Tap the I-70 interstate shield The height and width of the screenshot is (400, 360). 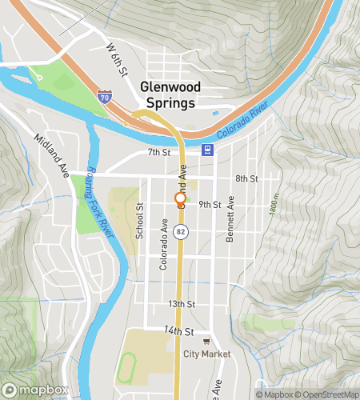[104, 95]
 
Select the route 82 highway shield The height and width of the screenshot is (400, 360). [181, 254]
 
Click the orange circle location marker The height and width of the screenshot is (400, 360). [181, 198]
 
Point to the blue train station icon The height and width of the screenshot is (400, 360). [207, 149]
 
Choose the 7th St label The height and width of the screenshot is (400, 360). [159, 152]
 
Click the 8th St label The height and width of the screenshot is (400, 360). [247, 178]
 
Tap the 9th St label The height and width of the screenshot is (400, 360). [209, 205]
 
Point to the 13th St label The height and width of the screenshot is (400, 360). [182, 304]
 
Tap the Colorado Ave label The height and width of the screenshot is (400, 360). [163, 244]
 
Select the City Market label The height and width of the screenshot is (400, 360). [206, 354]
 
